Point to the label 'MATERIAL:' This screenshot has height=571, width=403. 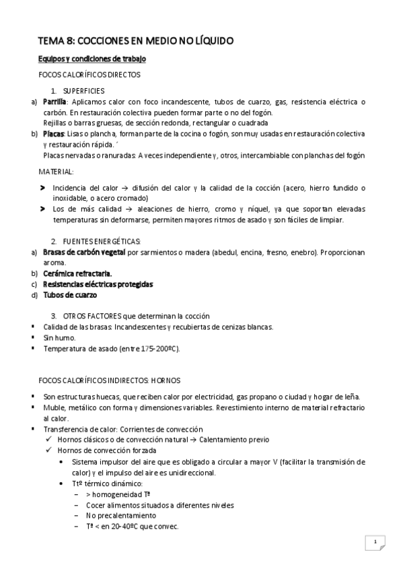tap(57, 172)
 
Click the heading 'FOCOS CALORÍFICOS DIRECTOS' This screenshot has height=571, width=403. tap(89, 74)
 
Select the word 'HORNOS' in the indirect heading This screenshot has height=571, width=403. tap(166, 380)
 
